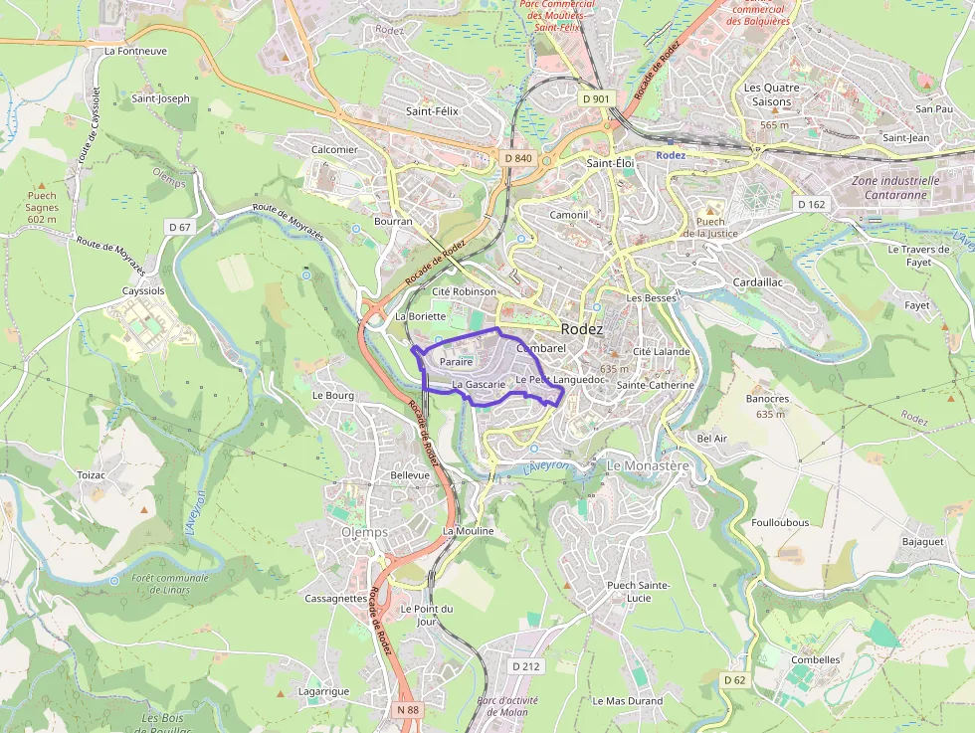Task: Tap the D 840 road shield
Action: coord(518,158)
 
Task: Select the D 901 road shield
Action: coord(595,98)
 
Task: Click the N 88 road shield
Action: coord(407,709)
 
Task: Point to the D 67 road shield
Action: coord(180,227)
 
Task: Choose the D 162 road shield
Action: coord(811,204)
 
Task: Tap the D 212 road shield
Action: coord(525,665)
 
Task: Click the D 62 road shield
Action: coord(734,679)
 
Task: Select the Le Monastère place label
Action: coord(648,465)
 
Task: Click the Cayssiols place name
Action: coord(142,291)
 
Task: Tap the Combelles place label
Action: coord(815,659)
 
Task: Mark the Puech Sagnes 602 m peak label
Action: coord(42,207)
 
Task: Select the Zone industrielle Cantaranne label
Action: coord(894,188)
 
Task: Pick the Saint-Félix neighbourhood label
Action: coord(432,111)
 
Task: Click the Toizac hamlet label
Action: coord(92,475)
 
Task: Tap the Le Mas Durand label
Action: coord(627,701)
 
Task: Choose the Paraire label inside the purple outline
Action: coord(455,362)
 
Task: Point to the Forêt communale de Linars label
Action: coord(170,583)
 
